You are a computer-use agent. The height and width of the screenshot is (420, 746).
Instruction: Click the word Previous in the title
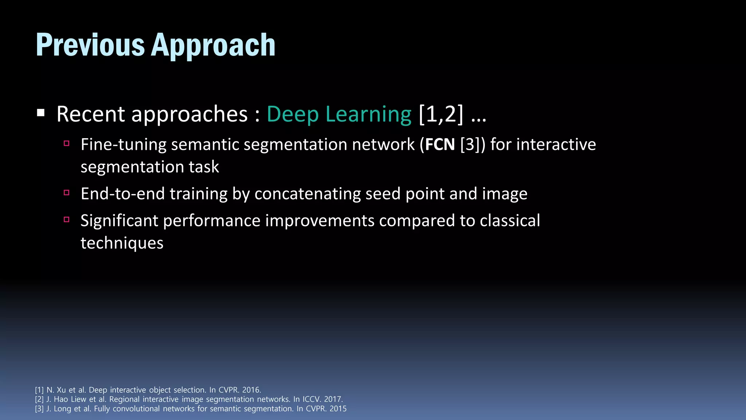90,45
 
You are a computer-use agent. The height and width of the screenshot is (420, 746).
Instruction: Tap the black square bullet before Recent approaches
40,113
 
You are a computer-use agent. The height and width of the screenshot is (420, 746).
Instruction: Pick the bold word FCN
440,144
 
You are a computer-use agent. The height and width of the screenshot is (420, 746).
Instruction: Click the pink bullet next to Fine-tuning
66,143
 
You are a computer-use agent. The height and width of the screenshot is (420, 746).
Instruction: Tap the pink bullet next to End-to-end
66,192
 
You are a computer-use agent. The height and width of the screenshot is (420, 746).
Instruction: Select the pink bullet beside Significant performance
66,219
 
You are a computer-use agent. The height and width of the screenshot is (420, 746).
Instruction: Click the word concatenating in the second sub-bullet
307,194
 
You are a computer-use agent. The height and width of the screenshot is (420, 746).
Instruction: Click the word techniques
122,243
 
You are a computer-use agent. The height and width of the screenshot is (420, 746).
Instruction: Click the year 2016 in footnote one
251,390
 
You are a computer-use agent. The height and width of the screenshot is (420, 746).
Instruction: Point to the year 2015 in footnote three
338,409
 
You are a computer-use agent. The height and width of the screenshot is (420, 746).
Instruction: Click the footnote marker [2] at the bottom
39,399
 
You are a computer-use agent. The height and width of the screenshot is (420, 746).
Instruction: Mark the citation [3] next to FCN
472,144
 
